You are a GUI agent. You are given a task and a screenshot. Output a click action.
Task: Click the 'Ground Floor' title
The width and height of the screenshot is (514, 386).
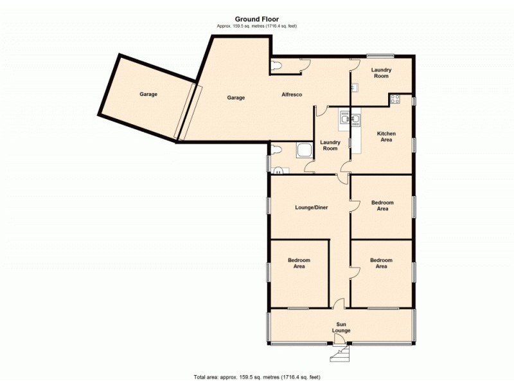tap(256, 19)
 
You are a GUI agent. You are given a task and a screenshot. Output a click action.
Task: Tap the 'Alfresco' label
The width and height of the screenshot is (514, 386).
tap(292, 95)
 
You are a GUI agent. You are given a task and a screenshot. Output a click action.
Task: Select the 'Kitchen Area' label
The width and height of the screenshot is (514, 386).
tap(386, 136)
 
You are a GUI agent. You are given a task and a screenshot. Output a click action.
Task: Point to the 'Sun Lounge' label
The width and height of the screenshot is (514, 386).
tap(341, 327)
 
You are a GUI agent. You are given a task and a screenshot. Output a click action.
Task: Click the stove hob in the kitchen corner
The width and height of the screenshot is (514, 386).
tap(395, 99)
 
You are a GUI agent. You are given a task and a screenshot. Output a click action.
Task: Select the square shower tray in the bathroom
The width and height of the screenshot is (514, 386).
tap(303, 151)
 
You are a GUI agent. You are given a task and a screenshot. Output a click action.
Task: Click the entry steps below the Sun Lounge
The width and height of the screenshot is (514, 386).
tap(338, 353)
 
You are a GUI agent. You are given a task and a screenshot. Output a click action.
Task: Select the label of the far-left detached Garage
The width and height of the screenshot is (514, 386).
tap(148, 95)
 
